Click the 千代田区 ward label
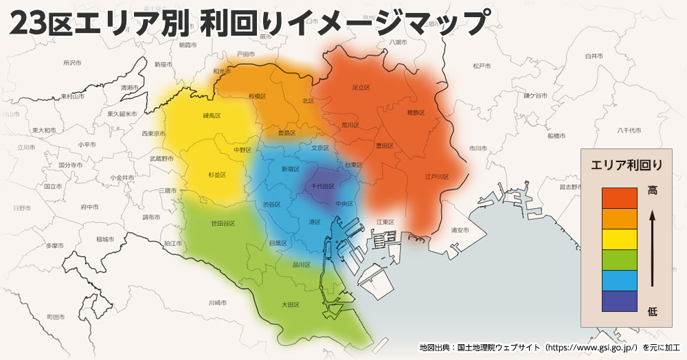[323, 186]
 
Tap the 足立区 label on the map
[361, 87]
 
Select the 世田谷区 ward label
[223, 223]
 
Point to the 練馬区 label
[212, 115]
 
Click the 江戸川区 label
[437, 177]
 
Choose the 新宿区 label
[291, 168]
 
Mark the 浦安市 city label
[460, 229]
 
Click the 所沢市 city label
[72, 63]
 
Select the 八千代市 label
[629, 130]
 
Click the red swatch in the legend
[619, 197]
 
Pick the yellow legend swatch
[619, 238]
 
